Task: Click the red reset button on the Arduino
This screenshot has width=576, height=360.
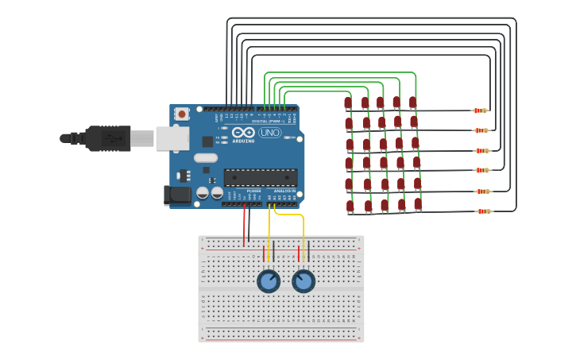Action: tap(182, 114)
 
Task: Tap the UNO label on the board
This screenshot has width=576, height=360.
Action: tap(269, 133)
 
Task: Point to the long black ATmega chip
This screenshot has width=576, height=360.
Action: tap(261, 177)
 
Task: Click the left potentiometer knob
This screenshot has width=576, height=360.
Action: tap(269, 281)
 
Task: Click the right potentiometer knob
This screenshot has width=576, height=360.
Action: tap(303, 281)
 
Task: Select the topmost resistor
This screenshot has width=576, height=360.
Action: tap(480, 110)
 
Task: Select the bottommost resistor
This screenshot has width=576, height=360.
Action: tap(483, 211)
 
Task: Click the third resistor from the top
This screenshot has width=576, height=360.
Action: tap(481, 150)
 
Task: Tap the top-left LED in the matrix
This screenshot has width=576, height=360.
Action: tap(348, 103)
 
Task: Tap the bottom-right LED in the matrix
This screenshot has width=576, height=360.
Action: tap(418, 204)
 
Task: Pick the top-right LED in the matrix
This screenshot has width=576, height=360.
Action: tap(412, 103)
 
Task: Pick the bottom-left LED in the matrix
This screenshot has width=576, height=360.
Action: tap(350, 206)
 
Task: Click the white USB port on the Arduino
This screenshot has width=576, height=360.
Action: tap(172, 138)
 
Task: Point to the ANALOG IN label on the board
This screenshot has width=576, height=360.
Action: tap(284, 191)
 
